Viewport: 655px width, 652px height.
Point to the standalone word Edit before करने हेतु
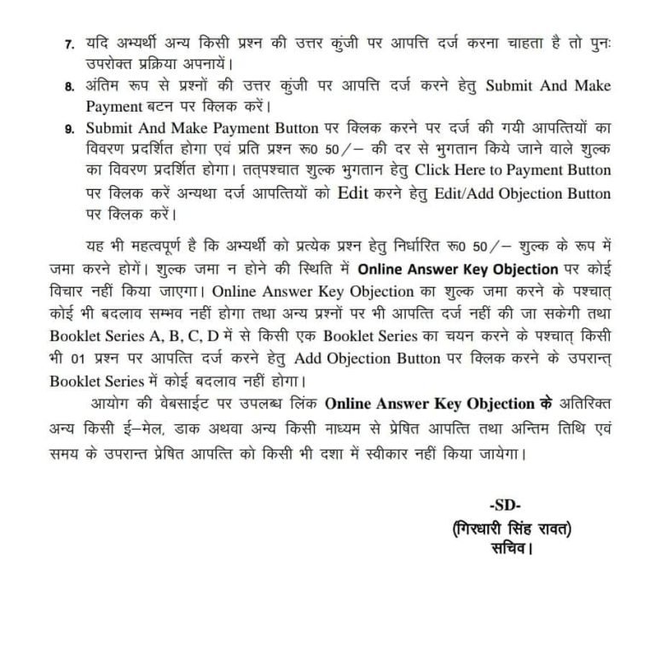[356, 193]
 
